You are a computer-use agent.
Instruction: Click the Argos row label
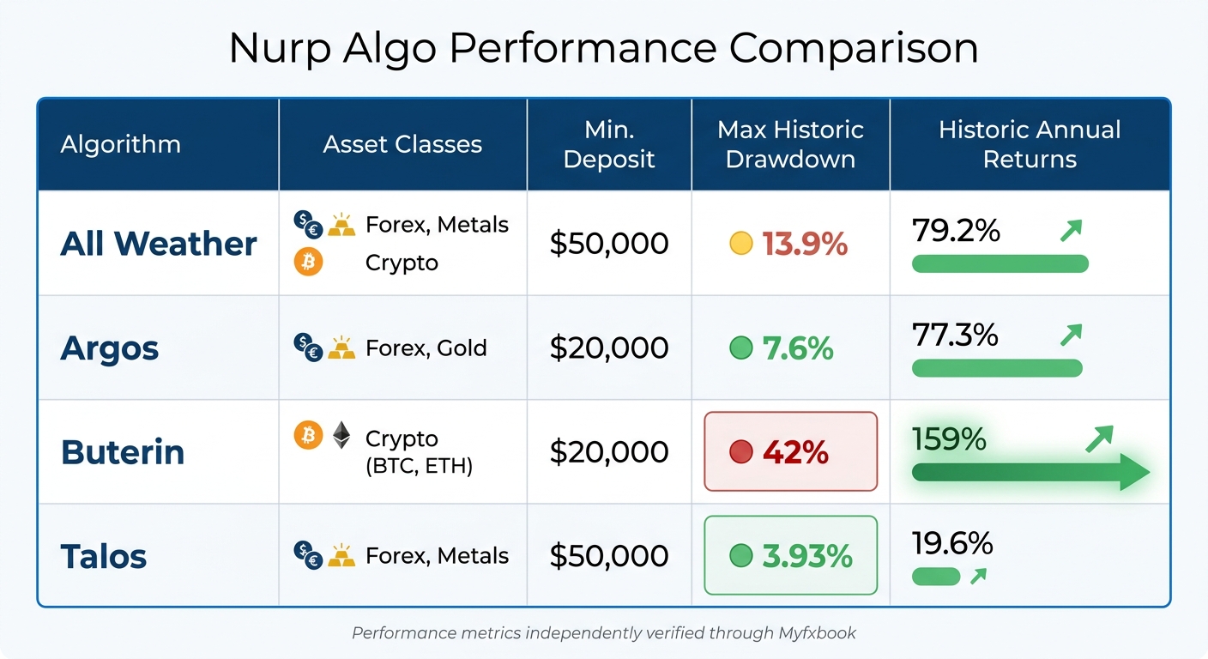pyautogui.click(x=110, y=348)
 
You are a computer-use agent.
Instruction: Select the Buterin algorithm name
pyautogui.click(x=123, y=452)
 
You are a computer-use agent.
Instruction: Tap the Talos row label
pyautogui.click(x=104, y=556)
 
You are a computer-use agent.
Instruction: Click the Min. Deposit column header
pyautogui.click(x=608, y=144)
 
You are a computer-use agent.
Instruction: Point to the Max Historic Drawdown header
pyautogui.click(x=790, y=144)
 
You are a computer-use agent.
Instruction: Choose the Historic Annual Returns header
pyautogui.click(x=1030, y=144)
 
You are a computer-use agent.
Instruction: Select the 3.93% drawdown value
pyautogui.click(x=807, y=556)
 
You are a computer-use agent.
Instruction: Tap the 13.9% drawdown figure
pyautogui.click(x=805, y=245)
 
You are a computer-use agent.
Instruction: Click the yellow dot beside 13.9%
pyautogui.click(x=740, y=245)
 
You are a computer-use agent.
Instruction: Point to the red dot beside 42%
pyautogui.click(x=740, y=452)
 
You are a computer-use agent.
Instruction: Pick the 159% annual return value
pyautogui.click(x=949, y=439)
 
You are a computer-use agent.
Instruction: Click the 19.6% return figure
pyautogui.click(x=952, y=543)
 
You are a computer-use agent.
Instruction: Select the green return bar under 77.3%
pyautogui.click(x=997, y=368)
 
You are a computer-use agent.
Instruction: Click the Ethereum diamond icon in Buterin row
pyautogui.click(x=341, y=435)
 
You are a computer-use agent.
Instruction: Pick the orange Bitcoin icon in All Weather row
pyautogui.click(x=308, y=262)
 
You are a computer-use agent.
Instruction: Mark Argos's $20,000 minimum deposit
pyautogui.click(x=608, y=348)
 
